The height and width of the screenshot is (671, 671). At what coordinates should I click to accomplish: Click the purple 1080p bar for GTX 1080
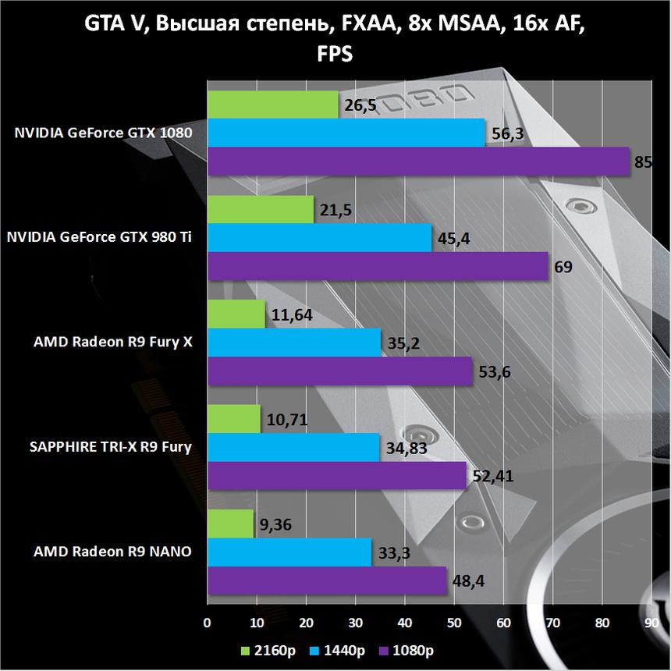pos(417,162)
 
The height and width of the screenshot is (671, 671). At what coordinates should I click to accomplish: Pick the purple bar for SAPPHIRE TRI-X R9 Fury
pos(336,475)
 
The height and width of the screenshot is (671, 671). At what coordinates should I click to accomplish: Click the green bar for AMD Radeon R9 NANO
pos(230,524)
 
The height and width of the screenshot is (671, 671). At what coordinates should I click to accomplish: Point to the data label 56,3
pos(508,134)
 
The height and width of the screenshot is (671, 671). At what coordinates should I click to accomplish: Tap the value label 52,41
pos(490,476)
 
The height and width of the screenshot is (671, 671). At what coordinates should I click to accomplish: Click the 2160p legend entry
pos(265,650)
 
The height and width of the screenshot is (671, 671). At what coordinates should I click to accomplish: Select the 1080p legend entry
pos(407,650)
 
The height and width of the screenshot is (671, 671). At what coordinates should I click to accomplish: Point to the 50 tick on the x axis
pos(454,623)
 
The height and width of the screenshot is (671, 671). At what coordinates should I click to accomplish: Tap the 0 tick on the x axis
pos(207,623)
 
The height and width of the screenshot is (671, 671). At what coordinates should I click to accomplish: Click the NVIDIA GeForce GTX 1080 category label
pos(103,133)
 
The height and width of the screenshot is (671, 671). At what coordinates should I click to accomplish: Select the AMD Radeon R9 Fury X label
pos(113,342)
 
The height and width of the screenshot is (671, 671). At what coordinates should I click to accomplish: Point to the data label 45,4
pos(454,239)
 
